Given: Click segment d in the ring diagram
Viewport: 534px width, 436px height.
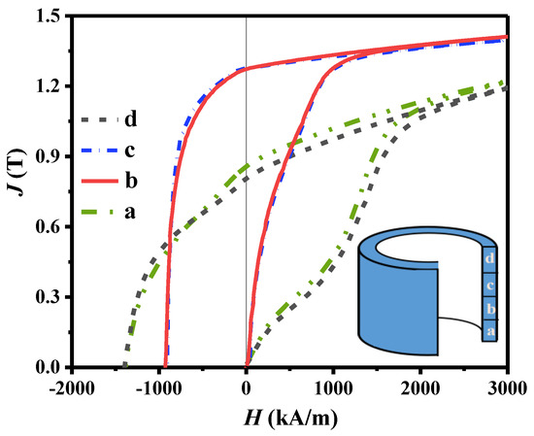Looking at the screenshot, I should coord(490,259).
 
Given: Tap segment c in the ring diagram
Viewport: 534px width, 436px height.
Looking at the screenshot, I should coord(490,285).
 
